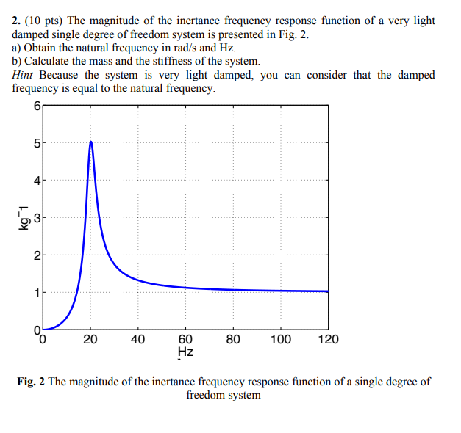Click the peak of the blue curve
(90, 142)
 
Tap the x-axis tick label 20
(90, 339)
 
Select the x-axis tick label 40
(138, 339)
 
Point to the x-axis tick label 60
(185, 339)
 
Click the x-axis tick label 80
(233, 339)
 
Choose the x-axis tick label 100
(280, 339)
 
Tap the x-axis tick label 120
(328, 339)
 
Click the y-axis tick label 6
(36, 105)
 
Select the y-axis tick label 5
(36, 142)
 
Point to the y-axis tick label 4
(36, 180)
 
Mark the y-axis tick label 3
(36, 218)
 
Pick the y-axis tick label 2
(36, 255)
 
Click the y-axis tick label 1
(36, 293)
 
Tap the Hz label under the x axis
(185, 352)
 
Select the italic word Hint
(24, 75)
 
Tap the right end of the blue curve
(328, 291)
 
